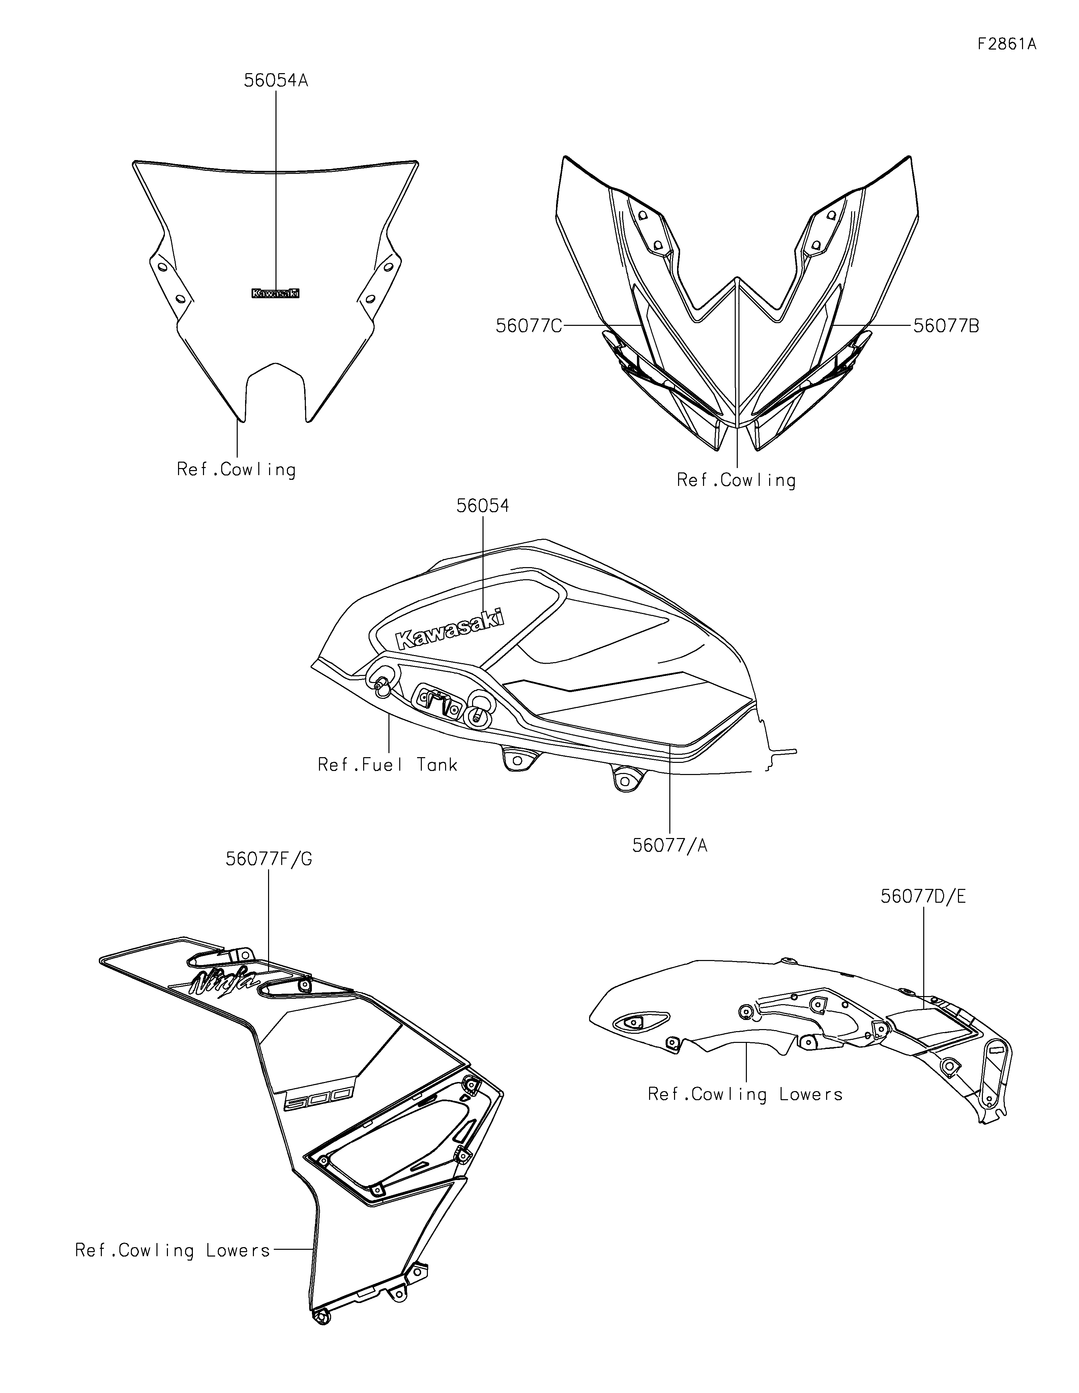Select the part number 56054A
276,81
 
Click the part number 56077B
945,326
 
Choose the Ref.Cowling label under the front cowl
736,480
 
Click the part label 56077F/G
269,859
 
